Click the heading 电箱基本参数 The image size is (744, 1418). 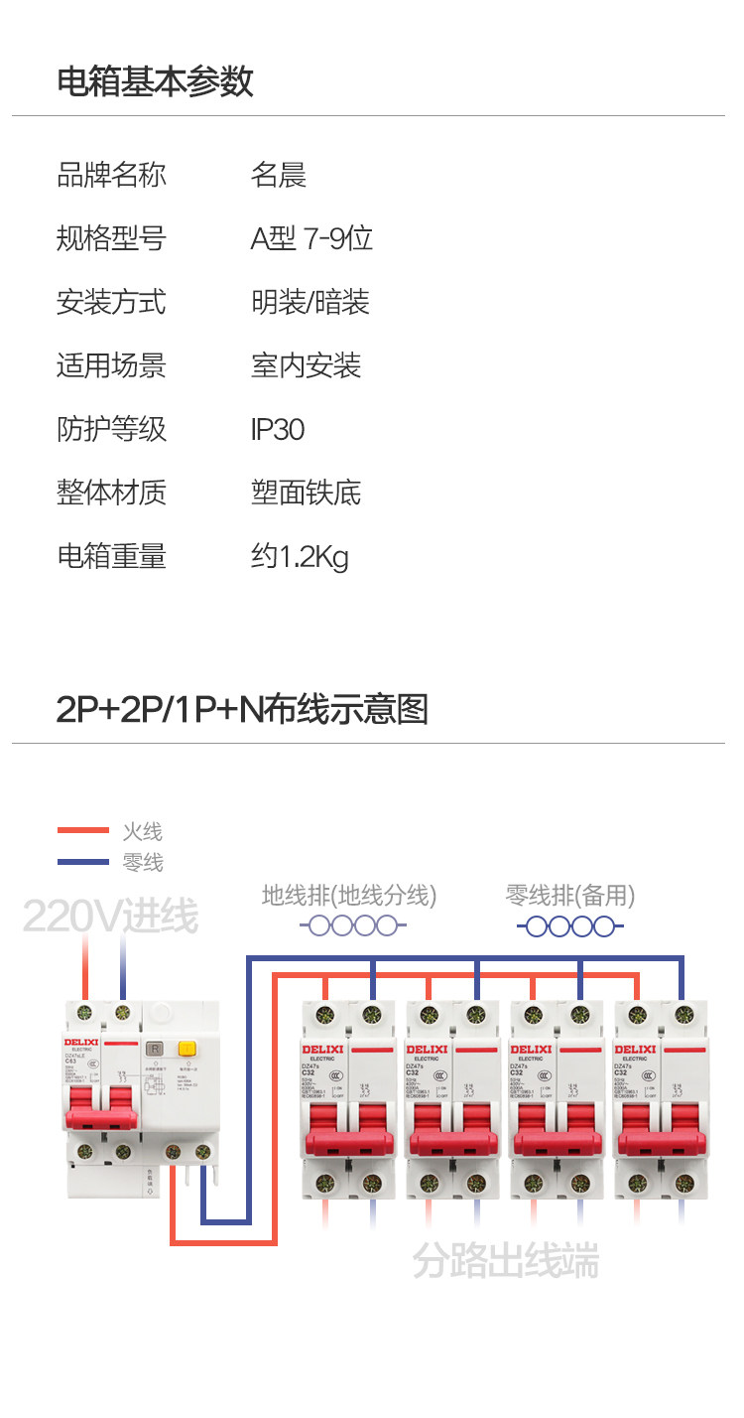[155, 81]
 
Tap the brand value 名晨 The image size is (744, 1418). [279, 175]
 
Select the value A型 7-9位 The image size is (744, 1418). [311, 238]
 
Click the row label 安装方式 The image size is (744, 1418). [111, 302]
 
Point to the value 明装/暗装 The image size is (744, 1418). [310, 302]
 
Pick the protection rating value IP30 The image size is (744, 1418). [278, 429]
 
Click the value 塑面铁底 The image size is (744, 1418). [307, 493]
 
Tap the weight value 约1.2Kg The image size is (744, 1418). [300, 556]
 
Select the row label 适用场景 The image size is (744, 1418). [111, 365]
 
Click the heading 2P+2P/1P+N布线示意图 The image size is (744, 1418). [242, 709]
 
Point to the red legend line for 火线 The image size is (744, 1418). [82, 830]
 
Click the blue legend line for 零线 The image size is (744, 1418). [82, 861]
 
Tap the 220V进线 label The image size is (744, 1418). [110, 916]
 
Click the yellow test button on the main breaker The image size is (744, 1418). [186, 1049]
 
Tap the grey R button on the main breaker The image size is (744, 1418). [155, 1049]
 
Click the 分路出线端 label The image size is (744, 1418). [506, 1261]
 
